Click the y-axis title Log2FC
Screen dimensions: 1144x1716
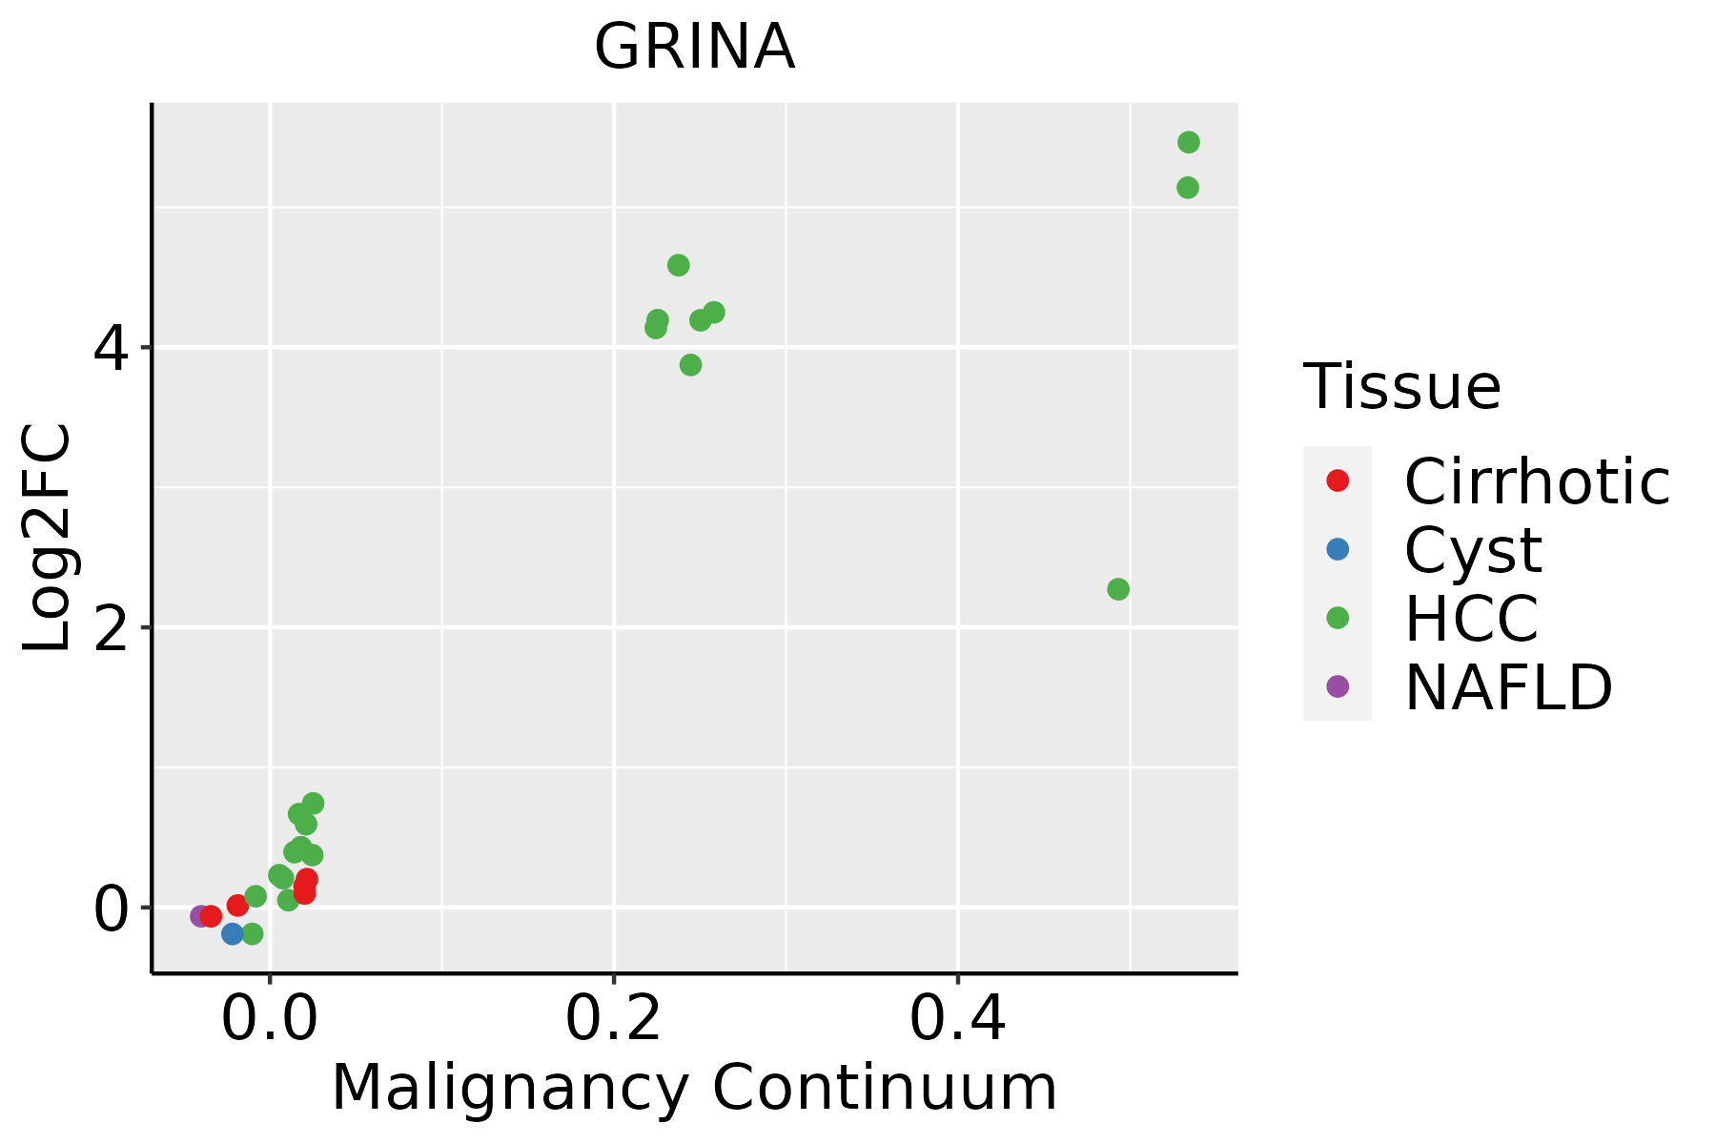click(x=48, y=539)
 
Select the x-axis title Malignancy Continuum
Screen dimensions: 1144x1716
click(x=694, y=1088)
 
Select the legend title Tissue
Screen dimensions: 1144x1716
click(x=1402, y=387)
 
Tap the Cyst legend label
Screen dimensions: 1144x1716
click(x=1473, y=550)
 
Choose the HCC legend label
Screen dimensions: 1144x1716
click(x=1471, y=619)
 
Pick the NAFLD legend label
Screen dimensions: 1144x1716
click(x=1508, y=687)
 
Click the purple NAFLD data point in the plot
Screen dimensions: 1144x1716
click(x=200, y=916)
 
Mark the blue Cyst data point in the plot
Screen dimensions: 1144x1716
click(x=233, y=933)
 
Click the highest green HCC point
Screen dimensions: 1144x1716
click(x=1188, y=142)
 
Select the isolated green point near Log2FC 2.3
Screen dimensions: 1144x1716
click(x=1118, y=589)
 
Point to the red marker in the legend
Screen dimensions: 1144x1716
click(x=1338, y=480)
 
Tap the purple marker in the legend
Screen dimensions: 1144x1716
click(x=1338, y=685)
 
